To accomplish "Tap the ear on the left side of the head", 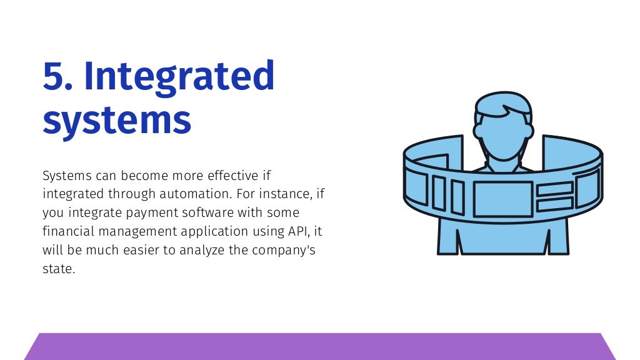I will click(x=478, y=132).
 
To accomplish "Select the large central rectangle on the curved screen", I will click(x=502, y=199).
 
